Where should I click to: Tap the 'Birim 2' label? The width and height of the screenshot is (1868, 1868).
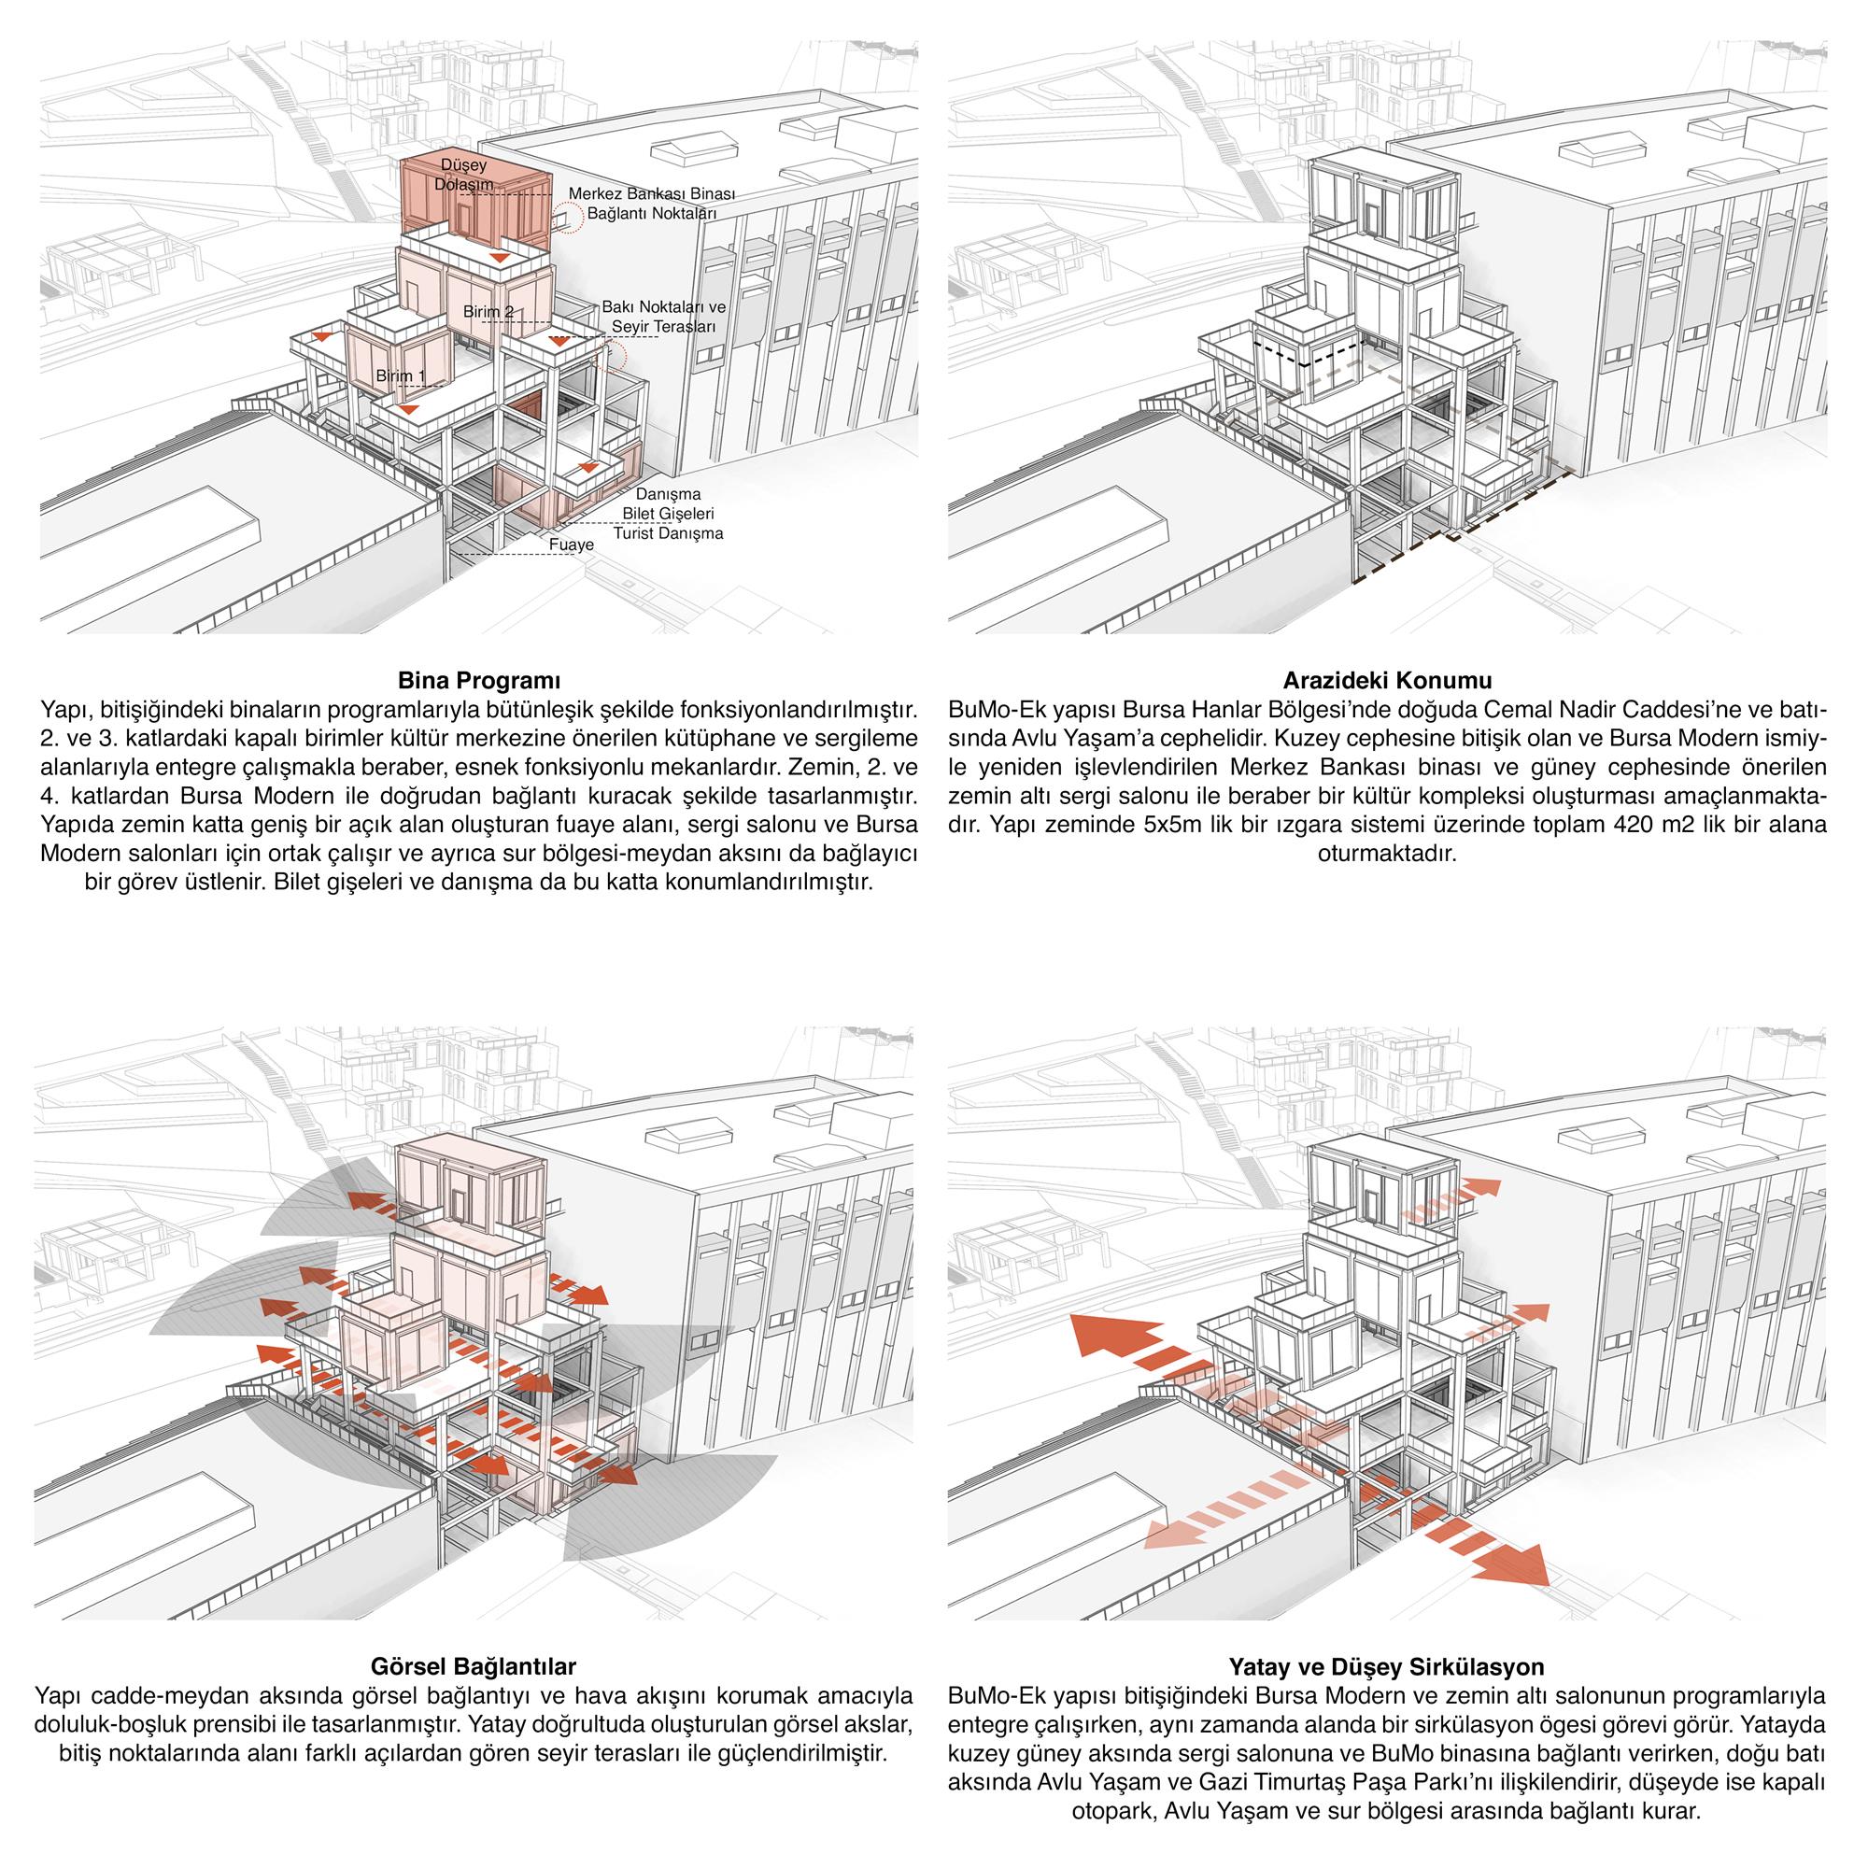pyautogui.click(x=488, y=310)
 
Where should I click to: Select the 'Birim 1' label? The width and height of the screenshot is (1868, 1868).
pyautogui.click(x=401, y=375)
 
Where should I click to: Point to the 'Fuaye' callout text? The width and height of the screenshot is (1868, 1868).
pyautogui.click(x=572, y=545)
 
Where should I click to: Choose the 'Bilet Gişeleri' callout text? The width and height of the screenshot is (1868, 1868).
pyautogui.click(x=668, y=513)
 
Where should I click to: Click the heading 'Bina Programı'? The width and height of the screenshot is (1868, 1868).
pyautogui.click(x=479, y=678)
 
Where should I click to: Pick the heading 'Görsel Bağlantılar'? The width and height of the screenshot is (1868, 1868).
pyautogui.click(x=474, y=1667)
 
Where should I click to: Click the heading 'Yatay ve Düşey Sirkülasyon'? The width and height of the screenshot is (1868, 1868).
pyautogui.click(x=1386, y=1667)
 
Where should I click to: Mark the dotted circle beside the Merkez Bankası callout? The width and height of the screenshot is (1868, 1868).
pyautogui.click(x=571, y=219)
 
